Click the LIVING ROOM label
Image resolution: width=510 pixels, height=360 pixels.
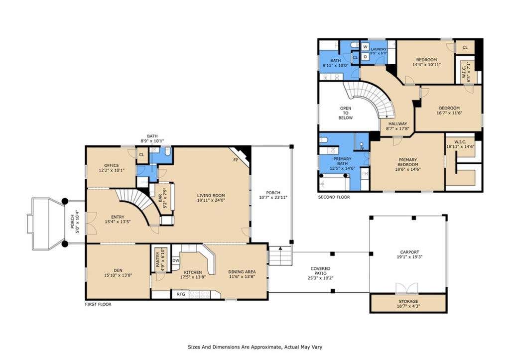tap(211, 196)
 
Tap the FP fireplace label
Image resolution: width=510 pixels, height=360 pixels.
tap(236, 160)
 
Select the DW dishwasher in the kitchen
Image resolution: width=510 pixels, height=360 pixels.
tap(176, 260)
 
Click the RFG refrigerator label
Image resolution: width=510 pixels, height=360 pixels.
tap(181, 294)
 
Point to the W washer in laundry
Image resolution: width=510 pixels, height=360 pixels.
tap(365, 47)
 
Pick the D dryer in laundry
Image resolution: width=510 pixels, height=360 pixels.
tap(365, 57)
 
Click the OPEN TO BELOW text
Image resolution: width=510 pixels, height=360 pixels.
tap(346, 113)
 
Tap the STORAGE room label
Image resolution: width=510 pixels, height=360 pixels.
tap(408, 301)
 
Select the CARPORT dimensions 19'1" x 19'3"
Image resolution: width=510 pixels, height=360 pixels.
tap(409, 257)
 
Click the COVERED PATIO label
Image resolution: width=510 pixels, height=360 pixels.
tap(320, 271)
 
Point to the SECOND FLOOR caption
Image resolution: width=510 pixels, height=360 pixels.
tap(334, 197)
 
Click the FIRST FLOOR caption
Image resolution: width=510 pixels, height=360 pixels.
tap(98, 304)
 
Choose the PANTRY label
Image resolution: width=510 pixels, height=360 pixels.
tap(158, 260)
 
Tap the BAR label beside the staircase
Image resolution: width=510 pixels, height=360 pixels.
tap(160, 198)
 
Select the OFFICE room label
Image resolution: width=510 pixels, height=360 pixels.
tap(112, 165)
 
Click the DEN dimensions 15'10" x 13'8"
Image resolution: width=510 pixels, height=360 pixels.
tap(118, 275)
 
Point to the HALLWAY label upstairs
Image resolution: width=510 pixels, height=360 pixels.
tap(397, 123)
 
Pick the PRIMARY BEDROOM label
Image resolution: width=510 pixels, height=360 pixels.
tap(407, 162)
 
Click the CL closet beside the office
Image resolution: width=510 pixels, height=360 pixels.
tap(141, 155)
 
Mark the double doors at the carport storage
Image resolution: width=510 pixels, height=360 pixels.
tap(406, 288)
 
